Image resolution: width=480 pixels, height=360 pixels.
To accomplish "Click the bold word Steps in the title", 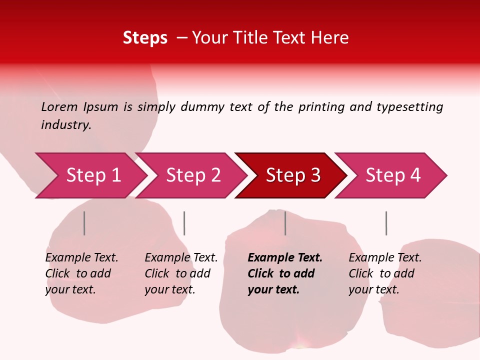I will tap(145, 38).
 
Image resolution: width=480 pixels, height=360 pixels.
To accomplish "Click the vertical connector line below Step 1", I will tap(84, 223).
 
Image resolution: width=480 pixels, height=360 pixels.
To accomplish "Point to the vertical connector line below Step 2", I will tap(184, 223).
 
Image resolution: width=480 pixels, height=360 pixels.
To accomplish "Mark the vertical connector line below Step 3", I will tap(285, 223).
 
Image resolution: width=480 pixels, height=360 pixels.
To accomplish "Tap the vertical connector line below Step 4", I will tap(386, 223).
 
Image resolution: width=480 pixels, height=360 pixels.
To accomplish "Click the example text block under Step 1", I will tap(81, 273).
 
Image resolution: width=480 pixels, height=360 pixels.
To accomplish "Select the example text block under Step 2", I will tap(181, 273).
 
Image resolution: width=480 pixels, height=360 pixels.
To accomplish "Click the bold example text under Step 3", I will tap(285, 273).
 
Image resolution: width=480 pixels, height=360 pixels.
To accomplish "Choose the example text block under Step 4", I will tap(385, 273).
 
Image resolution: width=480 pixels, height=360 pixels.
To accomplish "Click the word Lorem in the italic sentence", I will tap(59, 107).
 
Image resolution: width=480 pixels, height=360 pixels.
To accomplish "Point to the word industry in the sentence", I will tap(65, 125).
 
